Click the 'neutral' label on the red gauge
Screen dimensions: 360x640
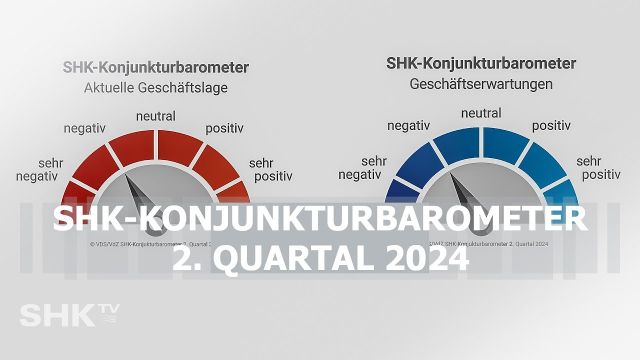[x=155, y=117]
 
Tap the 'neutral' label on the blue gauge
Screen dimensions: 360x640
[x=481, y=113]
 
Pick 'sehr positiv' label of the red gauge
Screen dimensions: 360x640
[x=273, y=170]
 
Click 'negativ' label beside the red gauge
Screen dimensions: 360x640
[x=86, y=130]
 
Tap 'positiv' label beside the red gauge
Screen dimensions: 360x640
[x=227, y=129]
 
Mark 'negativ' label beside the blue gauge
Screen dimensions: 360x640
[x=409, y=126]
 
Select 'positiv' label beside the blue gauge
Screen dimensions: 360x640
[x=551, y=126]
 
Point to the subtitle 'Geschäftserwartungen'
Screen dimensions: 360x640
[x=482, y=85]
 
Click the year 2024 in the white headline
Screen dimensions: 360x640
[x=422, y=257]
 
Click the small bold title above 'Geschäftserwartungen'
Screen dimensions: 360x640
[x=482, y=64]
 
